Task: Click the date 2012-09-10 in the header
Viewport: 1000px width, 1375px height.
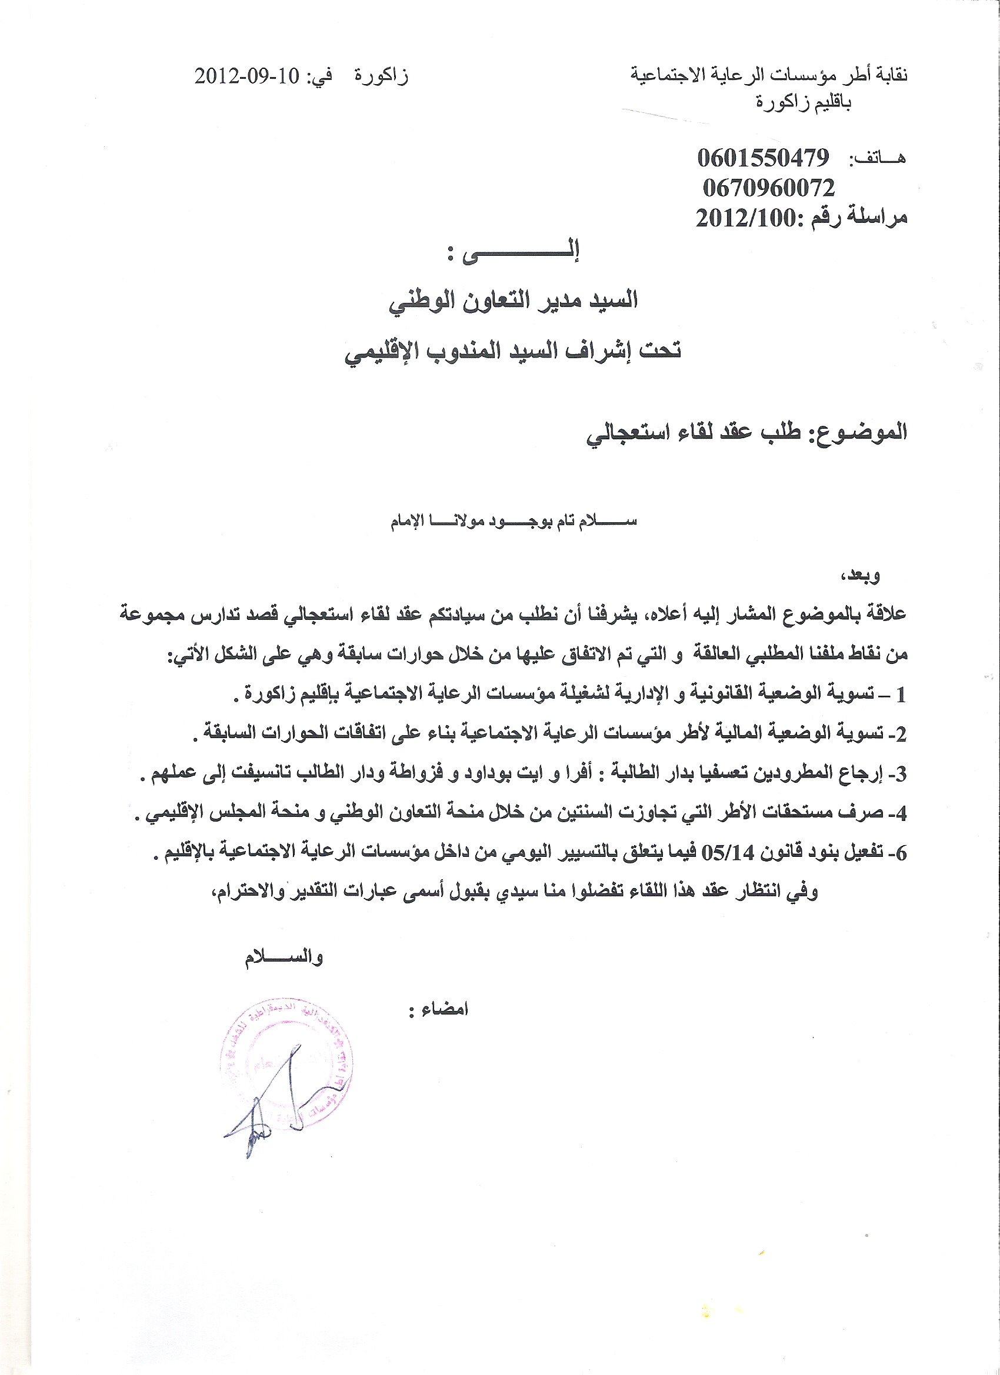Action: pos(247,76)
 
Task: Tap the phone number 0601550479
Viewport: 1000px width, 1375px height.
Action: pos(763,158)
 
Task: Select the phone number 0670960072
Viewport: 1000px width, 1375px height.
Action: pos(768,188)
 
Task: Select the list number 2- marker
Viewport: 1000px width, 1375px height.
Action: pos(899,734)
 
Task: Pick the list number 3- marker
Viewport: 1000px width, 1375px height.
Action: pos(899,774)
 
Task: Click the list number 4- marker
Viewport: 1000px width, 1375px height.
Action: pos(899,813)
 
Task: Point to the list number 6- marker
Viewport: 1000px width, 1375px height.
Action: pos(899,853)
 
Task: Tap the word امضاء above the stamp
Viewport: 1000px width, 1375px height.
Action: pos(446,1009)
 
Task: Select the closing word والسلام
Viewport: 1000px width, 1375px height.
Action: pos(284,957)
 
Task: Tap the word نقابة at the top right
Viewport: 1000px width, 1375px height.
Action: pos(890,75)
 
